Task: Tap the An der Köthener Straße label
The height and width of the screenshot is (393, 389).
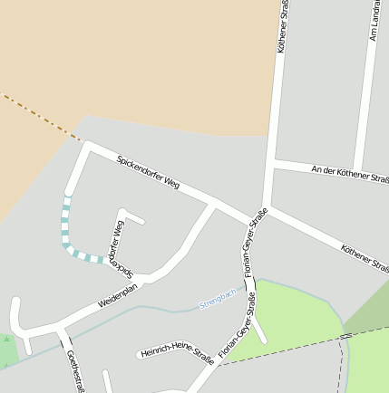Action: (x=349, y=175)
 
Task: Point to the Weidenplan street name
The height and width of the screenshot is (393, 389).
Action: (x=116, y=295)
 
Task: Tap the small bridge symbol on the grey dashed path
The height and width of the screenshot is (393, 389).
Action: (x=345, y=336)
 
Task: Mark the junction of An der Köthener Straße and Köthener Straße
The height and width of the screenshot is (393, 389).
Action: (x=273, y=164)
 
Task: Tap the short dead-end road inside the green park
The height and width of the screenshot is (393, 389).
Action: (x=260, y=331)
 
